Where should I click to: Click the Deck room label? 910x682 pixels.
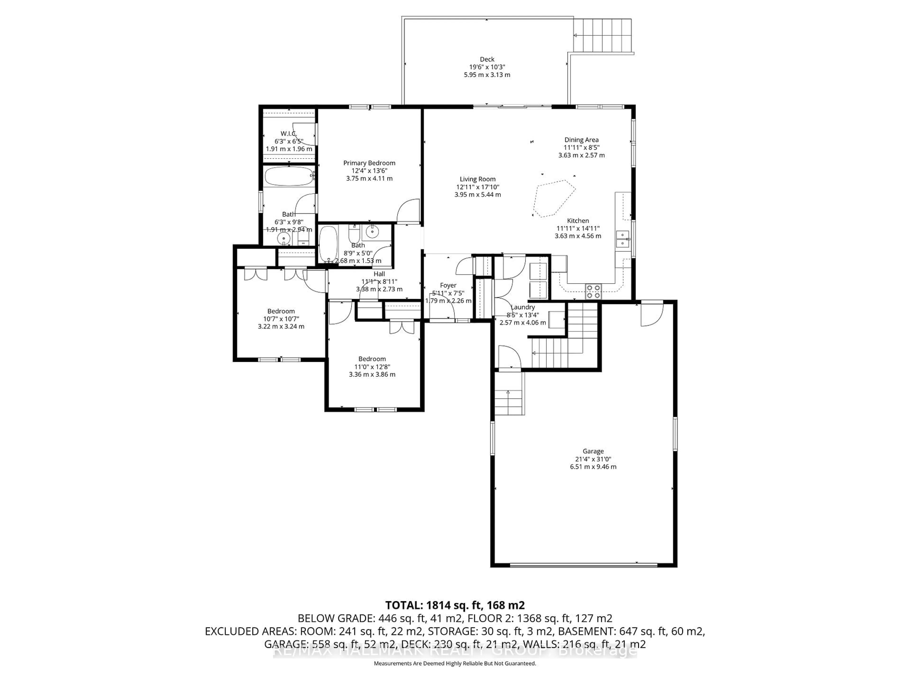pyautogui.click(x=487, y=59)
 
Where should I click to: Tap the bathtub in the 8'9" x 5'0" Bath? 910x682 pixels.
pyautogui.click(x=328, y=244)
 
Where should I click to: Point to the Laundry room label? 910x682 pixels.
pyautogui.click(x=523, y=307)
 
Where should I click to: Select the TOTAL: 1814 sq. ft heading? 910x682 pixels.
pyautogui.click(x=455, y=605)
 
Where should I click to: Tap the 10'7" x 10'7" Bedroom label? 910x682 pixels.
pyautogui.click(x=281, y=311)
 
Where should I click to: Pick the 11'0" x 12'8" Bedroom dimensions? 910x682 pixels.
pyautogui.click(x=372, y=367)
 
